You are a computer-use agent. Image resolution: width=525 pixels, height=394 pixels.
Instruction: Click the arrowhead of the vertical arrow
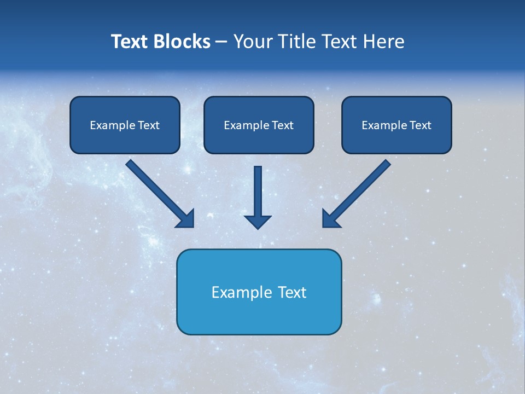(x=258, y=222)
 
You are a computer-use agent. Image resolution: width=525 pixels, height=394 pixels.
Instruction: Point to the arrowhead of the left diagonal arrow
(x=186, y=219)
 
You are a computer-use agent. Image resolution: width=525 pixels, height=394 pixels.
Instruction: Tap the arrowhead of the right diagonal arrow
(x=330, y=219)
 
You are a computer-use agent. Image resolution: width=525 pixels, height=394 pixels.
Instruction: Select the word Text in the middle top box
(x=282, y=125)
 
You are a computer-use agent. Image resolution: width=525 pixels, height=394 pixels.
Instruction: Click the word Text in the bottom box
(x=293, y=292)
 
